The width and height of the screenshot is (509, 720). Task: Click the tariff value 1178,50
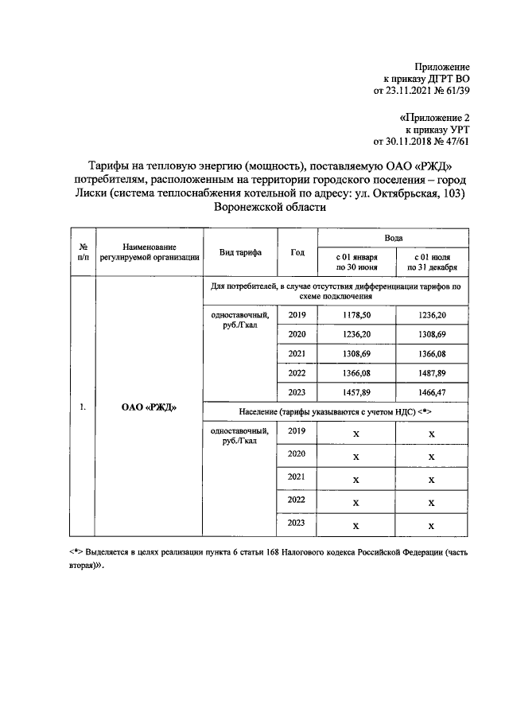click(356, 316)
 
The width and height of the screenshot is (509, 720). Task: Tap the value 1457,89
click(356, 392)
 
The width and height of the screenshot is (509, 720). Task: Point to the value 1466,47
click(431, 392)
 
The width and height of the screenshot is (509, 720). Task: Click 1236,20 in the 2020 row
click(356, 335)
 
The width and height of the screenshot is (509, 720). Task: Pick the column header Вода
click(394, 238)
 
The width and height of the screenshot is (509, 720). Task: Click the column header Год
click(297, 252)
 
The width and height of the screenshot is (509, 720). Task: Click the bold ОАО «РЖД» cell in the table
click(149, 408)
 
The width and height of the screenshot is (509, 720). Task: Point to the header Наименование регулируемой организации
click(149, 252)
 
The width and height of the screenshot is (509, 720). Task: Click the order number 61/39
click(457, 91)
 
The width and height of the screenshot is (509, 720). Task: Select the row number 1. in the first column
click(82, 408)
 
